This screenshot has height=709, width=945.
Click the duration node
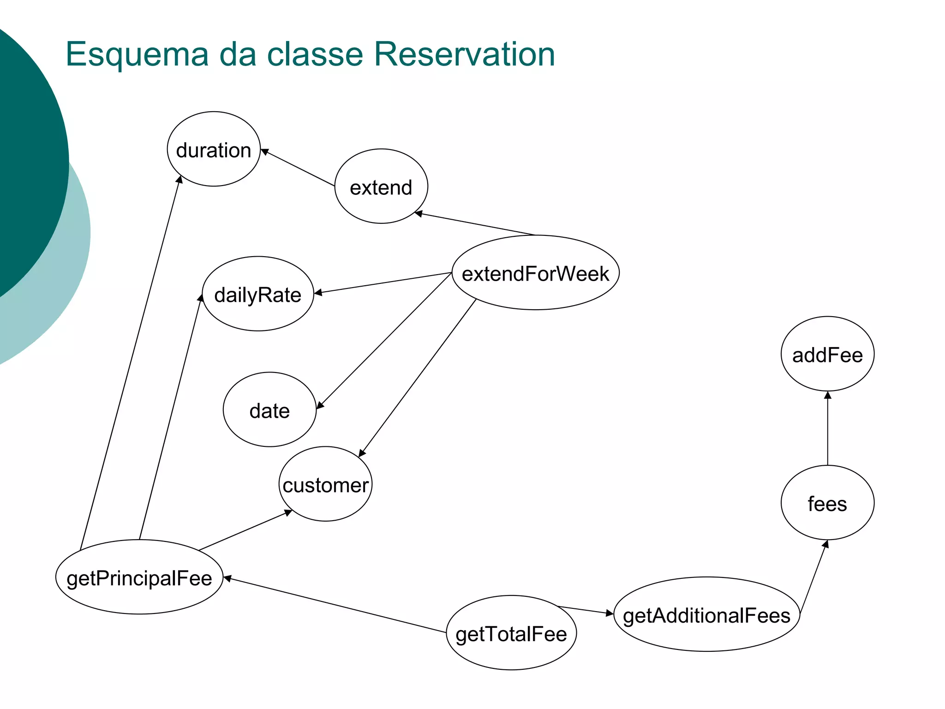point(214,149)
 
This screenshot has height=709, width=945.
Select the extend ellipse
point(381,186)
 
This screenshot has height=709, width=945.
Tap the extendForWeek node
point(535,273)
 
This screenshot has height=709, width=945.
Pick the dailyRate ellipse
point(258,294)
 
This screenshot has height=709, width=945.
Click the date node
point(269,410)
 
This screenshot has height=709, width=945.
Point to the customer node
point(325,484)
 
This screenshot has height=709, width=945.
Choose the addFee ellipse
point(827,354)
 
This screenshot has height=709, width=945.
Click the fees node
point(827,503)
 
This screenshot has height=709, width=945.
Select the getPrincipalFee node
point(139,577)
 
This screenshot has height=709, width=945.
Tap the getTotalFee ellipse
point(511,633)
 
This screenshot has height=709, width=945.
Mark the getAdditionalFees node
point(706,614)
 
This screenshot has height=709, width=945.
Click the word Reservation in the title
point(464,54)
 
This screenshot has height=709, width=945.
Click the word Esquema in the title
point(138,54)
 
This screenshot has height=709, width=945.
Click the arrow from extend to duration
point(298,168)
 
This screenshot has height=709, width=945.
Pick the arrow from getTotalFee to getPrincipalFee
point(335,605)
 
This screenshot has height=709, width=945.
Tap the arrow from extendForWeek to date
point(384,340)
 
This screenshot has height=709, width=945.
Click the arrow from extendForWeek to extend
point(475,224)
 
